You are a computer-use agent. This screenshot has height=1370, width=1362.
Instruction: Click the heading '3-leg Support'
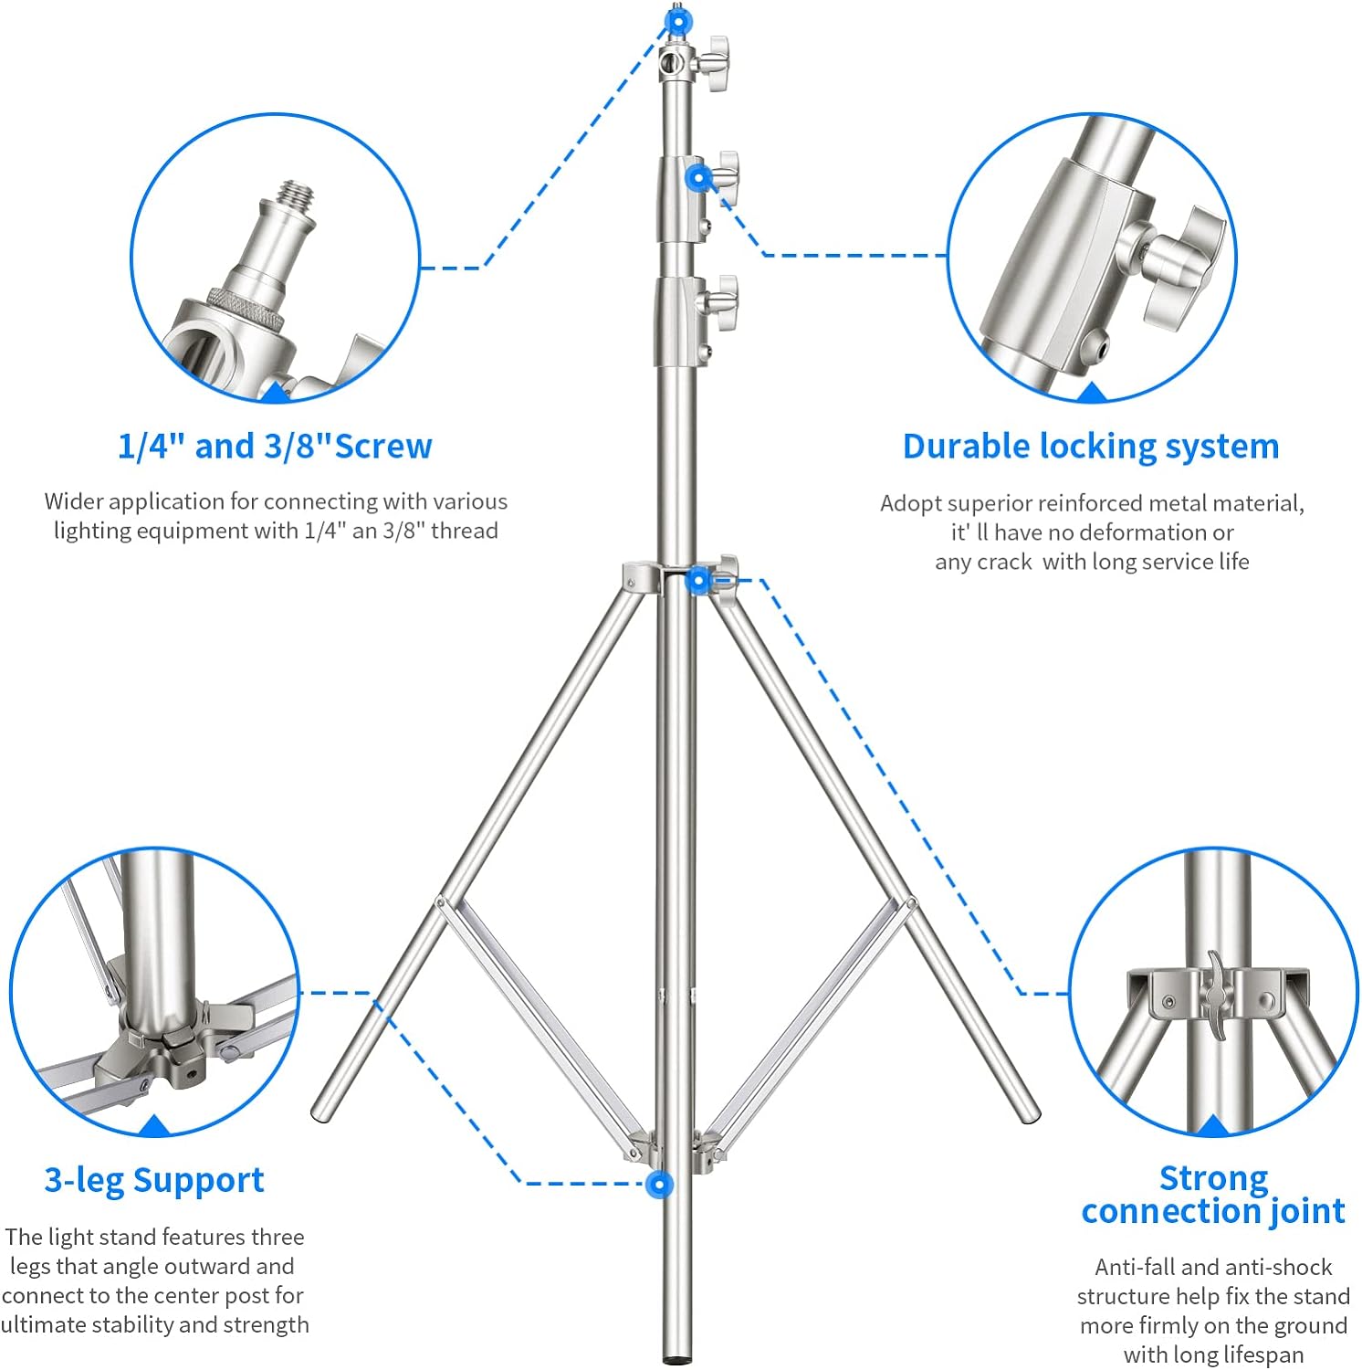point(154,1180)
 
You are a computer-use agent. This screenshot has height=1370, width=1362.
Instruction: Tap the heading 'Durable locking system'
point(1091,447)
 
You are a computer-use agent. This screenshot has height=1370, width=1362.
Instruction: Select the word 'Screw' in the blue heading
point(383,446)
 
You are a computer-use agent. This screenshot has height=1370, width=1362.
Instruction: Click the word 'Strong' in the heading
point(1213,1178)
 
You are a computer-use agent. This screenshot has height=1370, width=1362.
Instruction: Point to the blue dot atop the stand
point(678,20)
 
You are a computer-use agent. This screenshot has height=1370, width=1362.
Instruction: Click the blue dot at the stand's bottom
point(659,1185)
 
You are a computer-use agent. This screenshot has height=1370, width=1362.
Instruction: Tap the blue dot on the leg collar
point(698,579)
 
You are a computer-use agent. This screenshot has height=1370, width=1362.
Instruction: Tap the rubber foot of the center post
point(676,1361)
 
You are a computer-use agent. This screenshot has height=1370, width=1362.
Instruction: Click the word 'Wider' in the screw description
point(74,501)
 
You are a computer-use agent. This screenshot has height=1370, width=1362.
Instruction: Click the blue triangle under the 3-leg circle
point(154,1125)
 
